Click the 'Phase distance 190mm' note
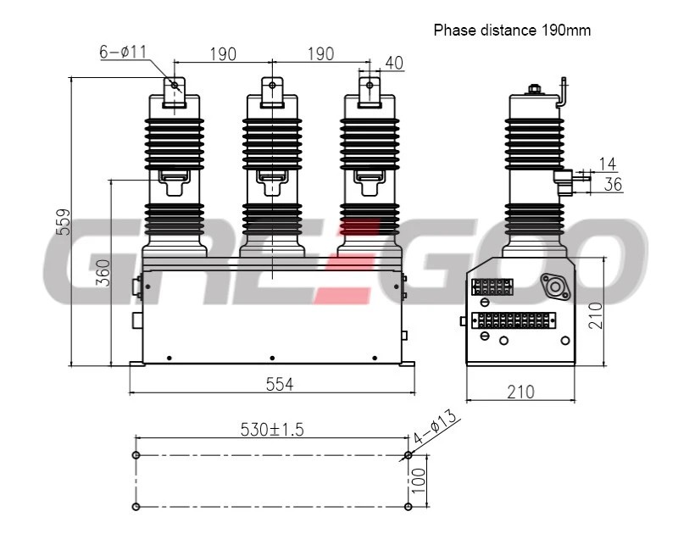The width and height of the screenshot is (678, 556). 512,31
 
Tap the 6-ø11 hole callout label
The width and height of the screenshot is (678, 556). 123,52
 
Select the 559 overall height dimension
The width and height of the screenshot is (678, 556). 64,222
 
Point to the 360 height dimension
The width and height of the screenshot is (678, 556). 103,273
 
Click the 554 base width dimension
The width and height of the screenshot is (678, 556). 280,384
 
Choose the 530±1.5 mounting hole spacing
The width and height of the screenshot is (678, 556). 272,430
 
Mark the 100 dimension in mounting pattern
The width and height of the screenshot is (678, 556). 419,481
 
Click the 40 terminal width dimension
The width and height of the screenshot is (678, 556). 394,63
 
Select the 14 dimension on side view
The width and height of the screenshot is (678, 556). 607,164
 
